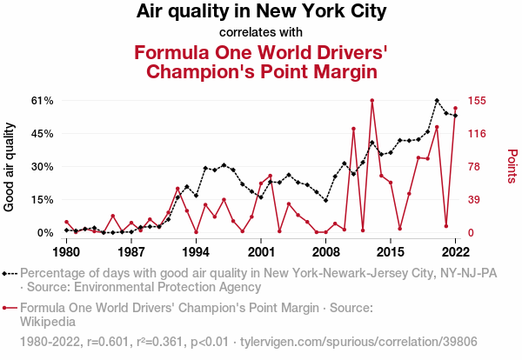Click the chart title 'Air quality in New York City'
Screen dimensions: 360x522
[261, 12]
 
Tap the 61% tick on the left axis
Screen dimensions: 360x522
[43, 101]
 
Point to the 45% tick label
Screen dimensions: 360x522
[43, 134]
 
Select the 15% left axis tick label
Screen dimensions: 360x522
[43, 200]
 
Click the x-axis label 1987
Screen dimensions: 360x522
[130, 252]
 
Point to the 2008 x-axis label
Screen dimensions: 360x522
[325, 252]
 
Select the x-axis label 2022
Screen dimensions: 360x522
[455, 252]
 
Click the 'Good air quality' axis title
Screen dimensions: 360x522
[10, 167]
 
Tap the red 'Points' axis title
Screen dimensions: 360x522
[512, 166]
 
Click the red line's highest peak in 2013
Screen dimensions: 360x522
[371, 100]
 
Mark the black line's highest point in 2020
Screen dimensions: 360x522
[437, 101]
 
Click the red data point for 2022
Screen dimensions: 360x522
[455, 109]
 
